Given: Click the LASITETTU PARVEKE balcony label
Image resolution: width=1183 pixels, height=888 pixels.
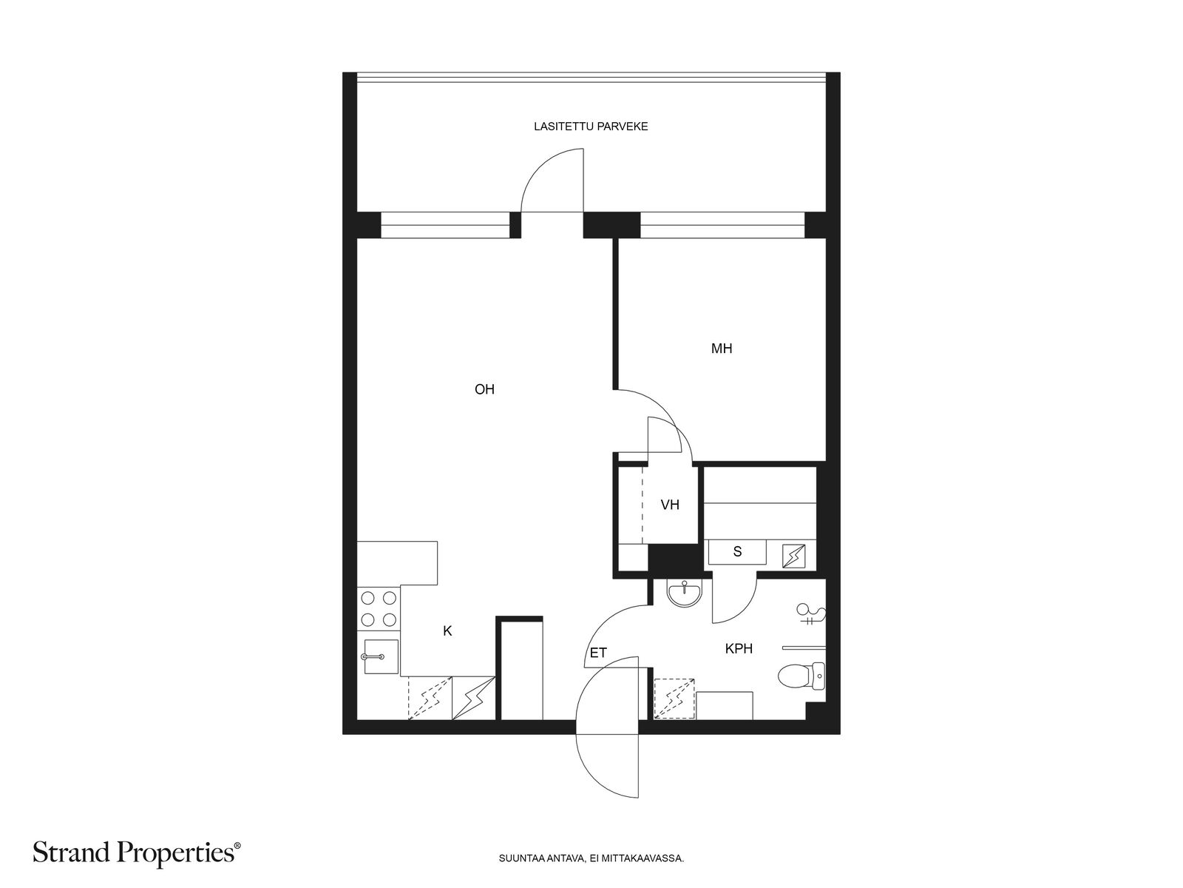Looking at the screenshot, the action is (591, 126).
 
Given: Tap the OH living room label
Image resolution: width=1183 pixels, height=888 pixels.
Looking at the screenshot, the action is (484, 389).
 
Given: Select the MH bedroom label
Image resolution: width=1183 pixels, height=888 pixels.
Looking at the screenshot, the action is (722, 349).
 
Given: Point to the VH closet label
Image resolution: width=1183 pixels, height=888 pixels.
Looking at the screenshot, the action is (670, 505).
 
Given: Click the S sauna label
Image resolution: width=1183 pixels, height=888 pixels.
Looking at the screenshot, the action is (737, 551).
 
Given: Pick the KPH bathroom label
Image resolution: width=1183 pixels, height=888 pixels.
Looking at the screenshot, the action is (739, 649).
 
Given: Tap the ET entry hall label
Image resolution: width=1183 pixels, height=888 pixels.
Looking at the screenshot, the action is (598, 653).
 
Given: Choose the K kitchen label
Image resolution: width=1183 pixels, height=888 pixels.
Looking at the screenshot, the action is (447, 630).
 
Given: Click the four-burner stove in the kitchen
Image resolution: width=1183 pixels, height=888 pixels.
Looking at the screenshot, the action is (379, 609).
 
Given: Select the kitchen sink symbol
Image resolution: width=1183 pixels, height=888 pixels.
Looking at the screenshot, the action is (381, 656).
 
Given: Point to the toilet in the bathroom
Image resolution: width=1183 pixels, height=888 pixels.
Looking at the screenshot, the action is (801, 676).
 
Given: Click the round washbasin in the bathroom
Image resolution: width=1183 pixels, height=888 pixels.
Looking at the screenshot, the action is (685, 593).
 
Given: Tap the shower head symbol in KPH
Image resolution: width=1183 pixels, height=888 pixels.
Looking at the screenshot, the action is (811, 613).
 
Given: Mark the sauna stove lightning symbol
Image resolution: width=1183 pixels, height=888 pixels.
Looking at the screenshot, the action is (793, 556).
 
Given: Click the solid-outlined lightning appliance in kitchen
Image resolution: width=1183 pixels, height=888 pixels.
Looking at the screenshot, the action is (473, 699).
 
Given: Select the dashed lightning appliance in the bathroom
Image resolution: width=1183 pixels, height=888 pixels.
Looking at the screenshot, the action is (674, 699).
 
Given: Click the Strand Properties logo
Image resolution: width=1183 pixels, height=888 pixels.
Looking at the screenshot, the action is (137, 852).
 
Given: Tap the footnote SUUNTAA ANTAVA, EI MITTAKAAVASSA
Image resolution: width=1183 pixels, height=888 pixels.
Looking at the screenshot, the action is (591, 858).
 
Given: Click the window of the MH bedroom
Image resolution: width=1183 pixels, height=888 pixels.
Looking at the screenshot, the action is (722, 225).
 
